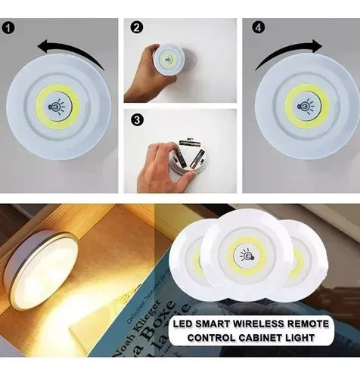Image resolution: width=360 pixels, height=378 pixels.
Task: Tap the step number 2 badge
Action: pyautogui.click(x=136, y=27)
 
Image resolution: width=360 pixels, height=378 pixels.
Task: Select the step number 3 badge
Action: pyautogui.click(x=136, y=119)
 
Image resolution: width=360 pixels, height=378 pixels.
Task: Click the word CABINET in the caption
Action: pyautogui.click(x=276, y=336)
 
